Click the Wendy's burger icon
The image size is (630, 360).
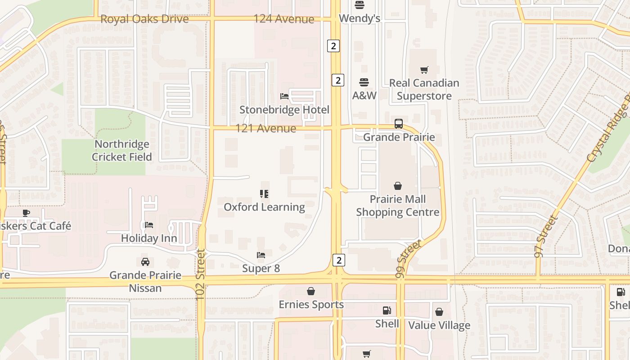coord(359,5)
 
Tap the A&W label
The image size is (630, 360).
coord(364,95)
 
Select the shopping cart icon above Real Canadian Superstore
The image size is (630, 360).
coord(424,70)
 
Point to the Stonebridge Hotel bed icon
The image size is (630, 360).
coord(284,96)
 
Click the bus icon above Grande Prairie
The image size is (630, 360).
coord(398,124)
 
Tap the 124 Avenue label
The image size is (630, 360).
coord(283,19)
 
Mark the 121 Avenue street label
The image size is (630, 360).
coord(265,129)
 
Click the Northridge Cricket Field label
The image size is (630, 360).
coord(122,150)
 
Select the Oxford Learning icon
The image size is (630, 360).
coord(264,194)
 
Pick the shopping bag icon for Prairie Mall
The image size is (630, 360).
coord(398,186)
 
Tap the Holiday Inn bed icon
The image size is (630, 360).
coord(149,225)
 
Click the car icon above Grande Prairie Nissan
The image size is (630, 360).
coord(145,262)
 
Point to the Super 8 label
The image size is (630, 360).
coord(261,269)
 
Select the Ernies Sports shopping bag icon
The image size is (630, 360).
coord(311,291)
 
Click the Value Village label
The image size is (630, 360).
coord(439,325)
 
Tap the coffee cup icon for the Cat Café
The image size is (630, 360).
coord(26,212)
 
